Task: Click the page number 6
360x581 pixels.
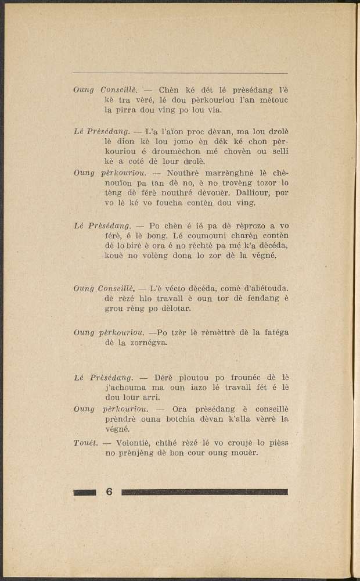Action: [109, 492]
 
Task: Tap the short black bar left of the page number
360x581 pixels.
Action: [85, 492]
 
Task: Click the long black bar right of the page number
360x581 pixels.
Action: [204, 492]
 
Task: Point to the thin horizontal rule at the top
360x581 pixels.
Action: [181, 73]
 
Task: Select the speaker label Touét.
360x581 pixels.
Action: [85, 443]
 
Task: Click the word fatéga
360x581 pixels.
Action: [271, 332]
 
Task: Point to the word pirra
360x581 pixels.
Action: [116, 109]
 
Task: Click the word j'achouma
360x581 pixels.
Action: [128, 387]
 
